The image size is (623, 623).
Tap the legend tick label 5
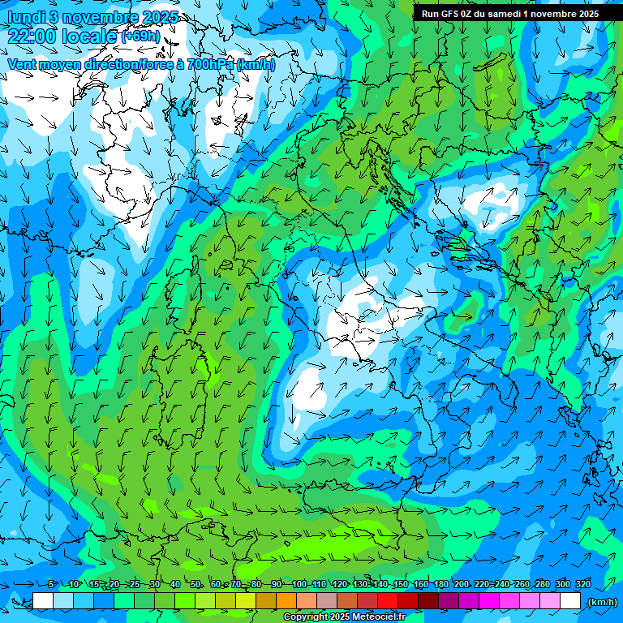coord(51,584)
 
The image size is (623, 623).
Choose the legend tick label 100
coord(299,584)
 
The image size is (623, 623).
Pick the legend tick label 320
coord(583,584)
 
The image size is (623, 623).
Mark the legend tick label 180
coord(440,584)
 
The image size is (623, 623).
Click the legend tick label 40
coord(175,584)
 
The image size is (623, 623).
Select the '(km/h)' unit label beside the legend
coord(601,601)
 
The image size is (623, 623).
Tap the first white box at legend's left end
coord(43,601)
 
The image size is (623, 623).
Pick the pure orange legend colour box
coord(287,601)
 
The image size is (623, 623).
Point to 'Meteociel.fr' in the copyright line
coord(385,617)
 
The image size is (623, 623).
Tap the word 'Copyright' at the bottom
coord(307,617)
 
